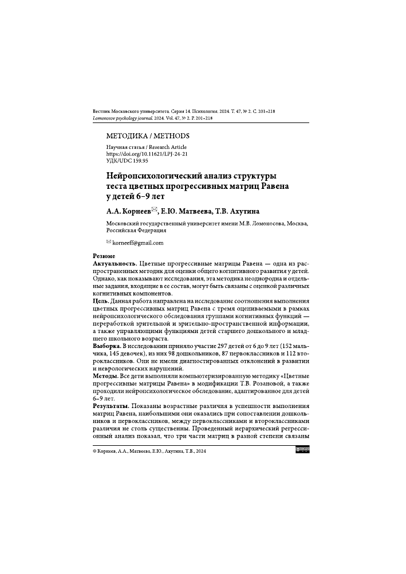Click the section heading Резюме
coord(104,255)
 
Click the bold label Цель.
coord(101,301)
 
